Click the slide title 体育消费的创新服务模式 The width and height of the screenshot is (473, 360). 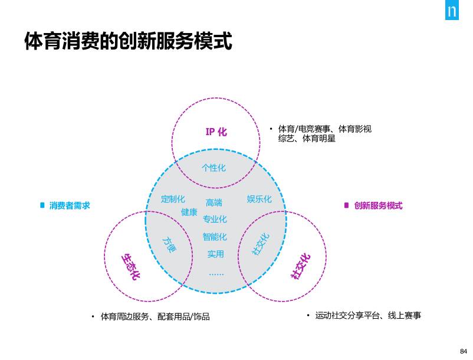pos(128,41)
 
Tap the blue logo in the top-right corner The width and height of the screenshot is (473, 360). pos(452,11)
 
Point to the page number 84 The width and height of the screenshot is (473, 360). pos(462,351)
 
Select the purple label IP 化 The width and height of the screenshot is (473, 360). pos(216,132)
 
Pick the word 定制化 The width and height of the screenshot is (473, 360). pos(173,199)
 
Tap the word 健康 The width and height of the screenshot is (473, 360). pos(189,212)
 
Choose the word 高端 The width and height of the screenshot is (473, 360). pos(214,202)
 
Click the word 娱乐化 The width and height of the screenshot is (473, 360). pos(259,199)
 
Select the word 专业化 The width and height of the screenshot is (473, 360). pos(215,219)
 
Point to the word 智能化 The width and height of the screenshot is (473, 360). pos(215,237)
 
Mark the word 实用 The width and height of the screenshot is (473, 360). pos(215,254)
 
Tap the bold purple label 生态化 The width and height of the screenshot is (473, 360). pos(130,266)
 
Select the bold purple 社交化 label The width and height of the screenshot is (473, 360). pos(300,266)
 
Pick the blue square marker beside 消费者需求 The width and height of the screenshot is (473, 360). pos(42,205)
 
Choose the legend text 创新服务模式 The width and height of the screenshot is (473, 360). pos(378,205)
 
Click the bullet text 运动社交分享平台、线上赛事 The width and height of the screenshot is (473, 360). pos(368,316)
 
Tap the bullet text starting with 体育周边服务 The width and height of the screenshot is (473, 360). pos(155,317)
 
